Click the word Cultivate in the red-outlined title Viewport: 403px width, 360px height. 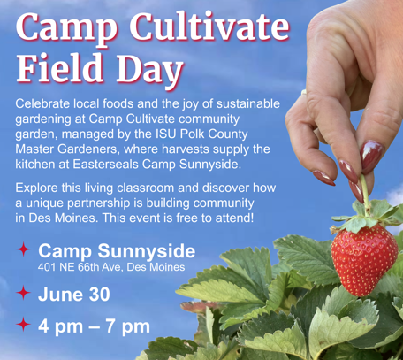point(209,27)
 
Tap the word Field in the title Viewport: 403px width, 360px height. point(59,67)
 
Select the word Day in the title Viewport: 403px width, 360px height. point(150,70)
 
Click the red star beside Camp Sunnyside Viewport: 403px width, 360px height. point(24,249)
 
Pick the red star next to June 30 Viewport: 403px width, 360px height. point(24,293)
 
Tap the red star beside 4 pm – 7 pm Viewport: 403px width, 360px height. point(24,325)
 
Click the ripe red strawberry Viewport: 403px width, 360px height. point(364,259)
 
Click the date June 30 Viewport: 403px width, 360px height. point(74,294)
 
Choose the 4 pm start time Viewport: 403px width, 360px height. point(60,326)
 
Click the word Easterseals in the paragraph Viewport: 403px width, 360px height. point(106,165)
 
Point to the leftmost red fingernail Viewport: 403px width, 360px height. point(323,178)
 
